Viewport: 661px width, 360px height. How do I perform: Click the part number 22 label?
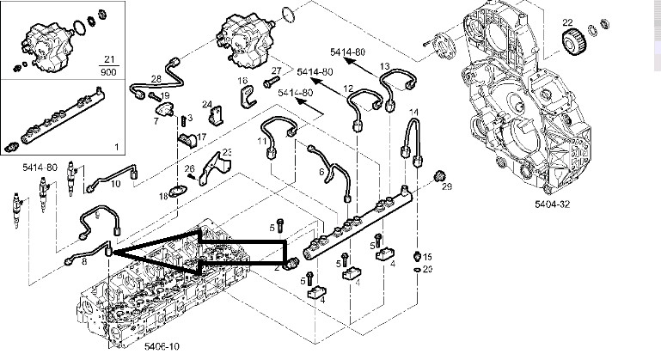pos(567,21)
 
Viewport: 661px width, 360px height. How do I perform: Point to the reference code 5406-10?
pos(137,346)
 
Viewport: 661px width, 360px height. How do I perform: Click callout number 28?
pos(156,79)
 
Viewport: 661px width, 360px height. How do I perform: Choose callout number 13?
pos(384,66)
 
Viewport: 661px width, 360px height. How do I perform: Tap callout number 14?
pos(413,113)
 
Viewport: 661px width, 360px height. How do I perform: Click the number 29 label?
pos(445,187)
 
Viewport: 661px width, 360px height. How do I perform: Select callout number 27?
pos(276,70)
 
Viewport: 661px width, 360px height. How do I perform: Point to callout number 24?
pos(207,104)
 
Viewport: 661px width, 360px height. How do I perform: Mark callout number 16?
pos(243,81)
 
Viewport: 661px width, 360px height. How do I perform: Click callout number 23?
pos(228,152)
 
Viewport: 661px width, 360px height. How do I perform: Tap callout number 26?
pos(190,168)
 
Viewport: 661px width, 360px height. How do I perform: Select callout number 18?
pos(162,197)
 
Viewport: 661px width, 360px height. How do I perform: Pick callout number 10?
pos(115,183)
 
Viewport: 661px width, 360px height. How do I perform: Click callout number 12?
pos(348,89)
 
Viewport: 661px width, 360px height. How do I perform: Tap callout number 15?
pos(427,257)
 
